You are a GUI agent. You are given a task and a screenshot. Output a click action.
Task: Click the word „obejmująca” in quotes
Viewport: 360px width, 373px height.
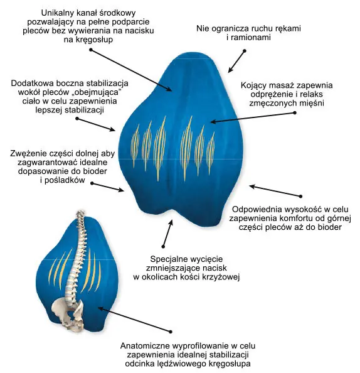(x=98, y=92)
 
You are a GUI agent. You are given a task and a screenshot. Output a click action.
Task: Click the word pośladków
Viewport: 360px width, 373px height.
(x=65, y=180)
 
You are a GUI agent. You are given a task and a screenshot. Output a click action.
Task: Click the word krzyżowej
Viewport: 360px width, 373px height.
(x=221, y=278)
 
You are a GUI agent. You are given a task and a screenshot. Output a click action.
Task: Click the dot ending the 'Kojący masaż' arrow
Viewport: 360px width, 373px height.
(x=295, y=112)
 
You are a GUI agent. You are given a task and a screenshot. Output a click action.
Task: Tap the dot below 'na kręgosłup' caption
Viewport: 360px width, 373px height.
(x=91, y=50)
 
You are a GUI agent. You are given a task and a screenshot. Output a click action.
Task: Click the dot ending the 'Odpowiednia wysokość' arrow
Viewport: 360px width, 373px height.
(x=301, y=197)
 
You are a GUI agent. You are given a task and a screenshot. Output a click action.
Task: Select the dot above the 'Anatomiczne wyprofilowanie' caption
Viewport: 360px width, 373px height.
(x=171, y=332)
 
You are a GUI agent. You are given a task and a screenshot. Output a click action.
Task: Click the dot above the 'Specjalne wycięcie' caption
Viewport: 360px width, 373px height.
(x=163, y=246)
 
